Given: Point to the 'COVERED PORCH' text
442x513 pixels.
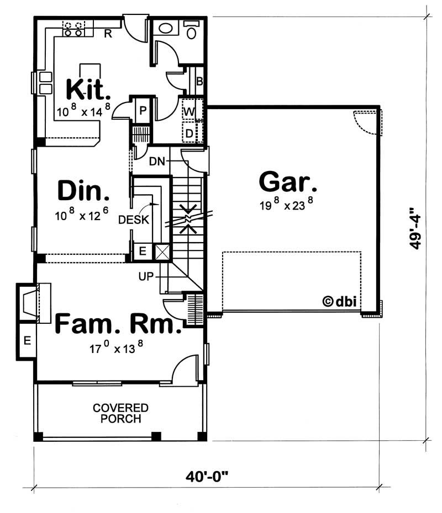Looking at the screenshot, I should click(x=120, y=413).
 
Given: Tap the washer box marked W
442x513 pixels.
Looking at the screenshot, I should click(x=189, y=111).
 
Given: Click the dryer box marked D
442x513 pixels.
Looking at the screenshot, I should click(x=189, y=133).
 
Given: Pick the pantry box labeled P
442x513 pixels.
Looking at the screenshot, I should click(x=143, y=110).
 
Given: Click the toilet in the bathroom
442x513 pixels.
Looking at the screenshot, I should click(x=192, y=31).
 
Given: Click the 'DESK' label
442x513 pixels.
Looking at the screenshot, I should click(x=134, y=220).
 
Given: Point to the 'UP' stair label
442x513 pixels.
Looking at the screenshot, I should click(x=145, y=275).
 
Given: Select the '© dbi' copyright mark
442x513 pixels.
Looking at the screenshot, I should click(x=338, y=301).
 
